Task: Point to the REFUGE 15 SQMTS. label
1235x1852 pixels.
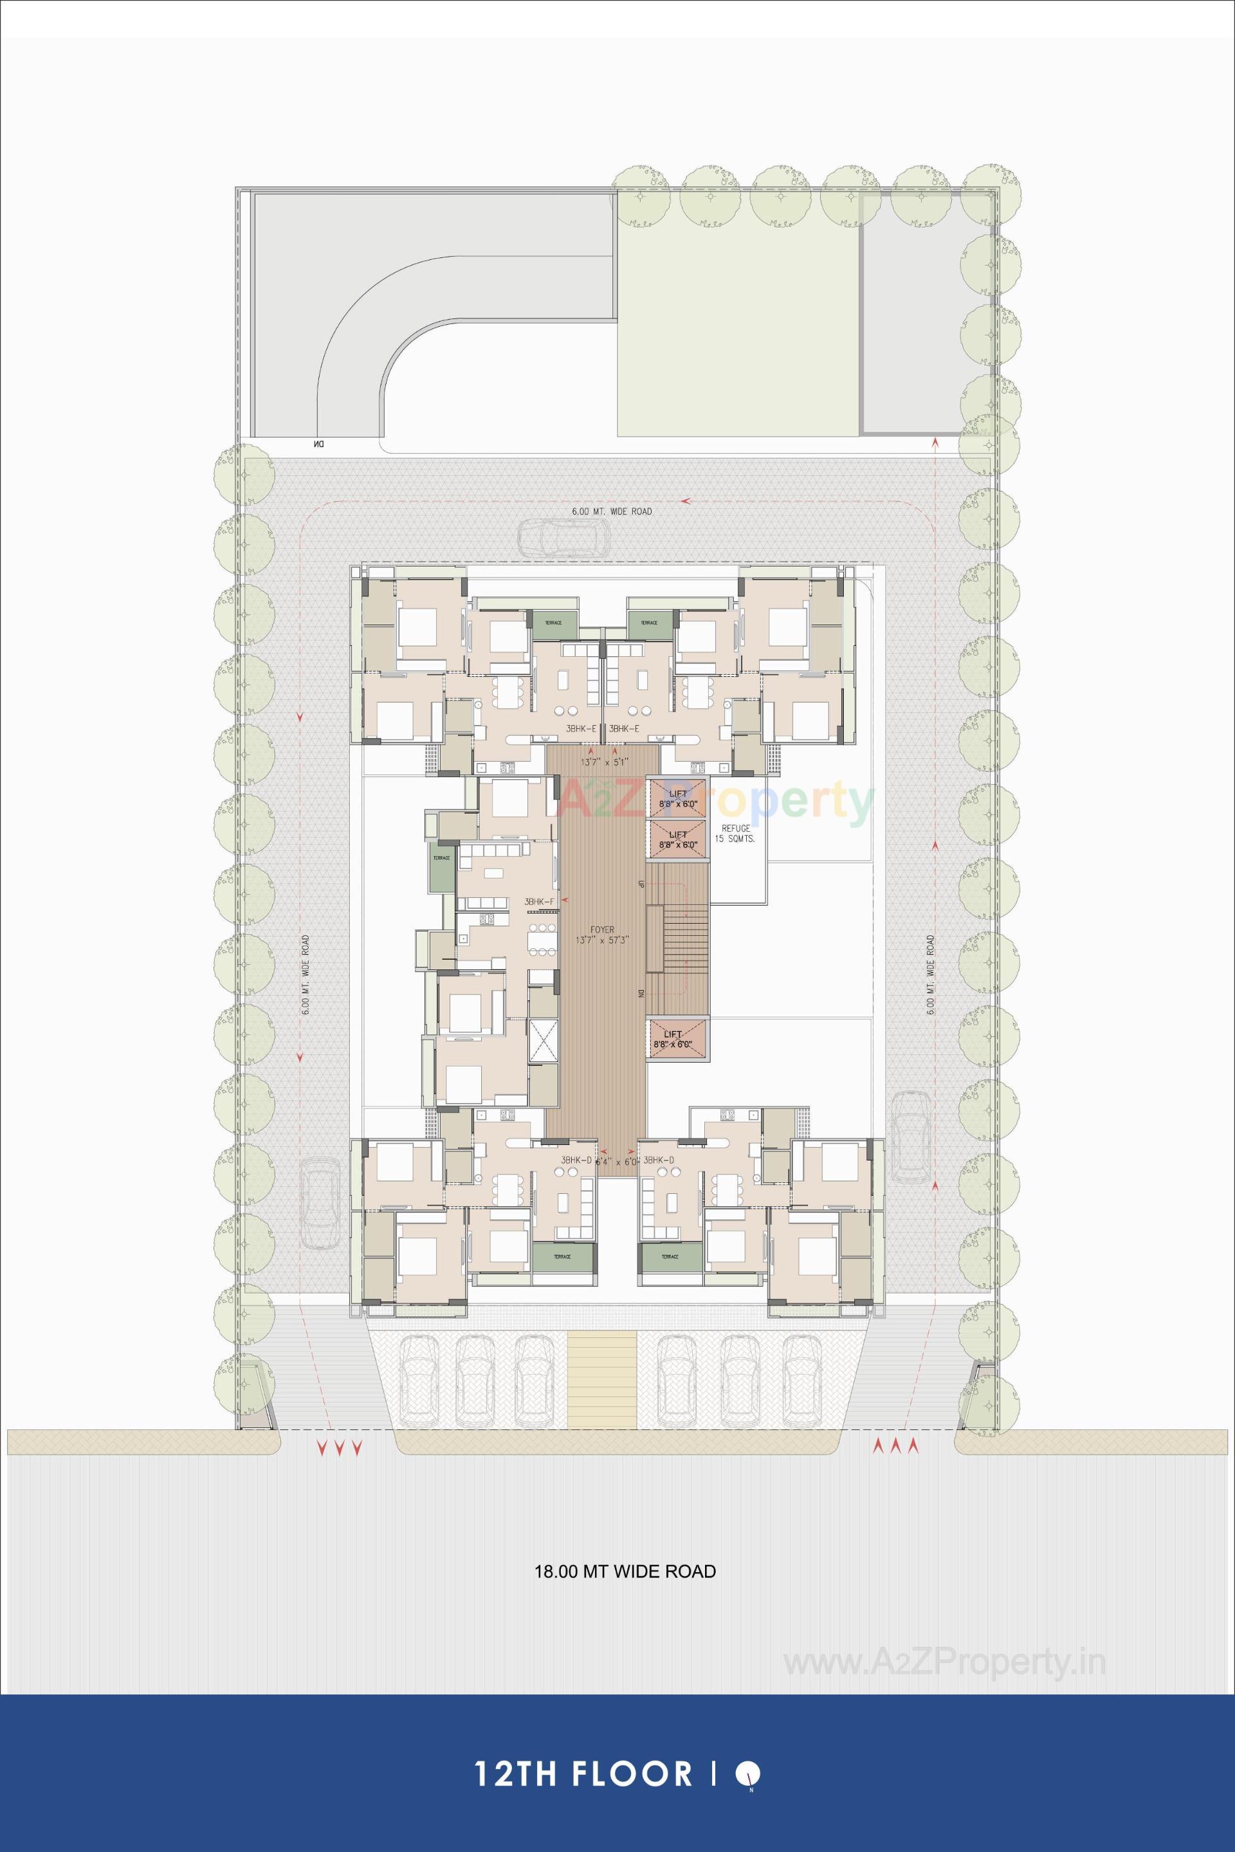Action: tap(734, 834)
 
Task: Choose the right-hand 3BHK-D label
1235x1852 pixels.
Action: tap(659, 1160)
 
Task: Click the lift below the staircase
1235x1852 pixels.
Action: tap(677, 1039)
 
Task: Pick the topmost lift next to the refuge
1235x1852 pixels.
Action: tap(677, 798)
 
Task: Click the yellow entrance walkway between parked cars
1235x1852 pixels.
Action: tap(602, 1377)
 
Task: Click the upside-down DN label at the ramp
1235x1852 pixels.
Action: tap(318, 445)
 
